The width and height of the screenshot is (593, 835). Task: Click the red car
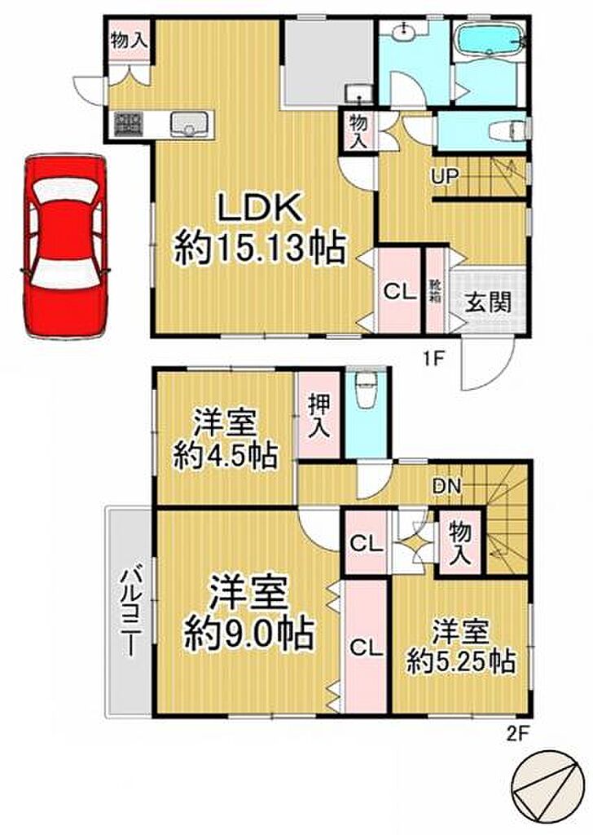point(65,246)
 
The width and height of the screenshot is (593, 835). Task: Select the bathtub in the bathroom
point(490,41)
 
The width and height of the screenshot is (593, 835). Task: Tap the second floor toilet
point(365,391)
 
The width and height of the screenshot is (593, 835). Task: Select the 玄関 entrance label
point(489,302)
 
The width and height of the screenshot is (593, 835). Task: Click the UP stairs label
point(446,176)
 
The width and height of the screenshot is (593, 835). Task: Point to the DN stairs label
point(446,484)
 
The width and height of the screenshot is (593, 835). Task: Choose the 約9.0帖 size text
point(248,634)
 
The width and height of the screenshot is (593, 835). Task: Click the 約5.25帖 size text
point(461,662)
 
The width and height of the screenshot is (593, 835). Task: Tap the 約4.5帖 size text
point(225,455)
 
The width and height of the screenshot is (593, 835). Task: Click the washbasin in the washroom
point(406,31)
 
